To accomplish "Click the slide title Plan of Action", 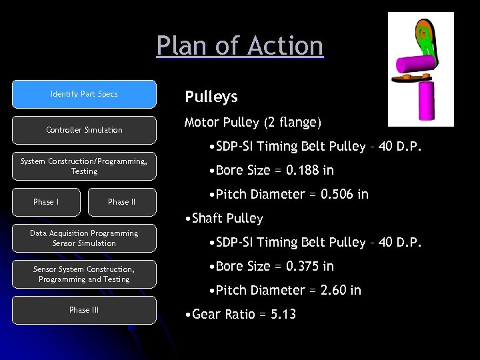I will click(240, 46).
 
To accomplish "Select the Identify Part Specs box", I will click(84, 94).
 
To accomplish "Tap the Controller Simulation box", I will click(84, 130).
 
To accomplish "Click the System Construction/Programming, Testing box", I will click(84, 166).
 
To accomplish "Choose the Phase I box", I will click(46, 202).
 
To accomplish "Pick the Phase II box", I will click(121, 202).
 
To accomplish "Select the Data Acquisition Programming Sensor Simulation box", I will click(84, 238).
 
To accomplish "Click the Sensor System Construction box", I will click(84, 274).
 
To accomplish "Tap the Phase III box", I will click(84, 310).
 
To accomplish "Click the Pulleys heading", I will click(211, 97).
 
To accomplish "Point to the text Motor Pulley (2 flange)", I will click(253, 123).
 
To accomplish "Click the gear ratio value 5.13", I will click(283, 314).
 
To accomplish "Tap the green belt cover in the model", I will click(423, 33).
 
